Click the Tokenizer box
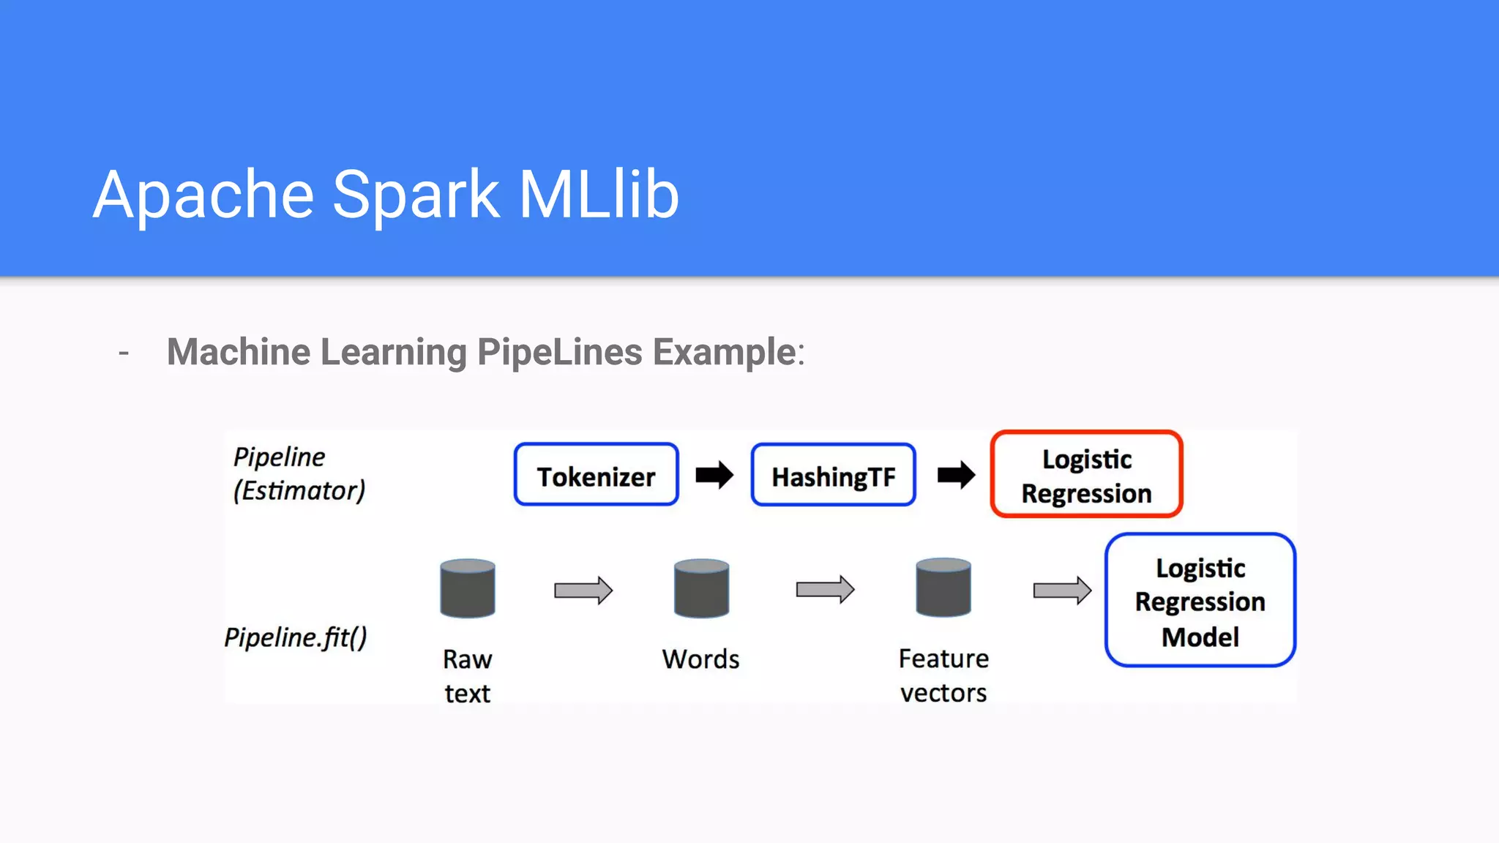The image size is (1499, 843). [x=596, y=475]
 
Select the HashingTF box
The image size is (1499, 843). [x=833, y=475]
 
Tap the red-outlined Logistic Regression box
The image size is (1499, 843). [x=1086, y=475]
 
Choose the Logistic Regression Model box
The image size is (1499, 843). [x=1200, y=601]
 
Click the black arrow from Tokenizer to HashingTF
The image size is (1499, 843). [x=714, y=475]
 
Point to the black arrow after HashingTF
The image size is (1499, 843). [x=956, y=475]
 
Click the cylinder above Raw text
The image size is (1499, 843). [x=468, y=588]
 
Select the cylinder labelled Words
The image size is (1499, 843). [x=701, y=588]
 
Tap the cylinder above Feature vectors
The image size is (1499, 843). [x=943, y=588]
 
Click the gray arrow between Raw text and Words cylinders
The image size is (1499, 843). [x=583, y=590]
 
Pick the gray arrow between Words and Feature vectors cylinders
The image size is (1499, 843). [x=825, y=589]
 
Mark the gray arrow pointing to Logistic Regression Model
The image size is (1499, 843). [x=1062, y=590]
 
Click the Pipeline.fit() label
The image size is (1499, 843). [x=296, y=637]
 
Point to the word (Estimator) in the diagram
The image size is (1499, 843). [x=299, y=490]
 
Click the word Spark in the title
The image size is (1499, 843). [x=416, y=195]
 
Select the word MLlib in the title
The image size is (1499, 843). [x=599, y=195]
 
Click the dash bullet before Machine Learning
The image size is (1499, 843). [x=124, y=353]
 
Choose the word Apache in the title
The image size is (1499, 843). [x=203, y=195]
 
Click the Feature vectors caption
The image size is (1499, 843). [x=943, y=675]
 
